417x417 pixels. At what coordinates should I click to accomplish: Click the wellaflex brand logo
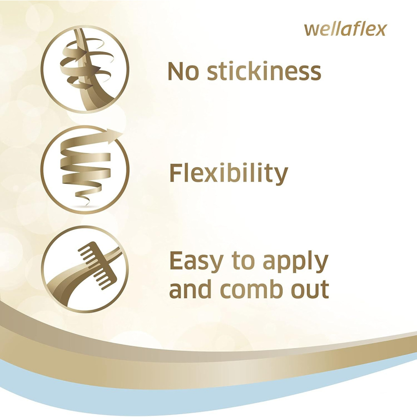(345, 29)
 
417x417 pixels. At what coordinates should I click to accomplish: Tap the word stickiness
(264, 72)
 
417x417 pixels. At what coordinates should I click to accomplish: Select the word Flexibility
(229, 173)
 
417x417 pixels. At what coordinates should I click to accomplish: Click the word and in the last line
(190, 289)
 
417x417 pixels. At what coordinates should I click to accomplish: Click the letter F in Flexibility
(176, 173)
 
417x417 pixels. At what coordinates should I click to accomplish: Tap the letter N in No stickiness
(176, 72)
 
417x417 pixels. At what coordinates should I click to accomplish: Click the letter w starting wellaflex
(310, 30)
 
